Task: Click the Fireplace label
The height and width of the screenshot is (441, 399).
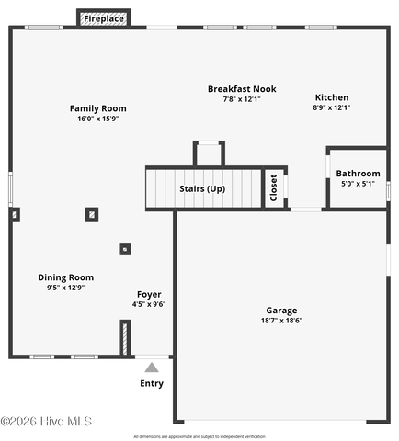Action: coord(104,18)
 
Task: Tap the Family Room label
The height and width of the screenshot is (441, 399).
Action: coord(98,108)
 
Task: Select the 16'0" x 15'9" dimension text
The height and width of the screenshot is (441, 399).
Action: coord(98,119)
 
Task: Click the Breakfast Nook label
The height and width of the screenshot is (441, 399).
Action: coord(242,89)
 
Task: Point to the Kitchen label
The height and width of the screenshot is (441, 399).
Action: coord(332,97)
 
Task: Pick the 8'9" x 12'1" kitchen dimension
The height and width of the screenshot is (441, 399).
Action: coord(332,107)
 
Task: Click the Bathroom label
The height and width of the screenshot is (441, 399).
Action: coord(358,174)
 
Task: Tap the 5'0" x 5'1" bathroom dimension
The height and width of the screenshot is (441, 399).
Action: coord(358,184)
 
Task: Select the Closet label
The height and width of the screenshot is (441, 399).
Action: coord(274,187)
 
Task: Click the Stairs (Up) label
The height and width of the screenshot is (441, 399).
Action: coord(202,188)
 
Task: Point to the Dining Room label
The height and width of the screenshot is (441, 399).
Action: coord(66,277)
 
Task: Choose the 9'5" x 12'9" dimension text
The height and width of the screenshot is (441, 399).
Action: coord(66,288)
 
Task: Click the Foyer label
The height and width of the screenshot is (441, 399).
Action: coord(149,294)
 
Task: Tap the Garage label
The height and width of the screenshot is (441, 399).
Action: coord(281,311)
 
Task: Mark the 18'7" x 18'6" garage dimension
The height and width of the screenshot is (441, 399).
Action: coord(281,321)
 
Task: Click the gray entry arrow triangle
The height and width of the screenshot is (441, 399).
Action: coord(152,367)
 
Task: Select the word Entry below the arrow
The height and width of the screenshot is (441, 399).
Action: coord(152,383)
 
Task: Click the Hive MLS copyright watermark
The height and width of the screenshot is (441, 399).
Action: coord(46,422)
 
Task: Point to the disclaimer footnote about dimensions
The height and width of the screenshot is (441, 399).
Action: coord(199,436)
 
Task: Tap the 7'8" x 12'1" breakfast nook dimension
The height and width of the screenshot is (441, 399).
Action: coord(242,99)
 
